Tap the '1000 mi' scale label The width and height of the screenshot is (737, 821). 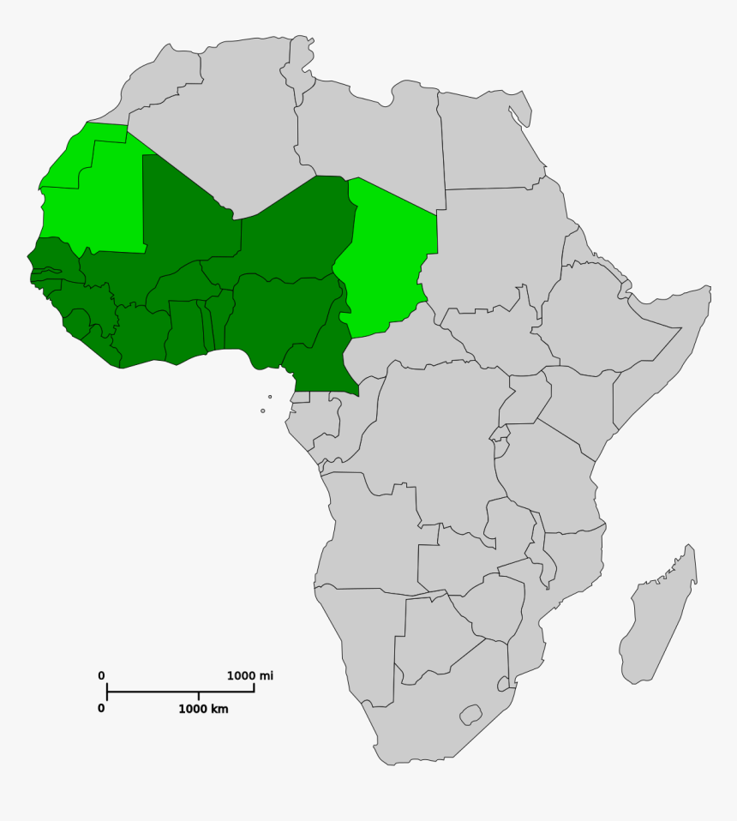[250, 676]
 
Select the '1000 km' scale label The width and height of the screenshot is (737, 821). [203, 709]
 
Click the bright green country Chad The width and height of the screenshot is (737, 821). [390, 257]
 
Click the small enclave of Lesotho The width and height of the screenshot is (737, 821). [470, 714]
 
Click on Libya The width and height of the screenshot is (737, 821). [368, 137]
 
